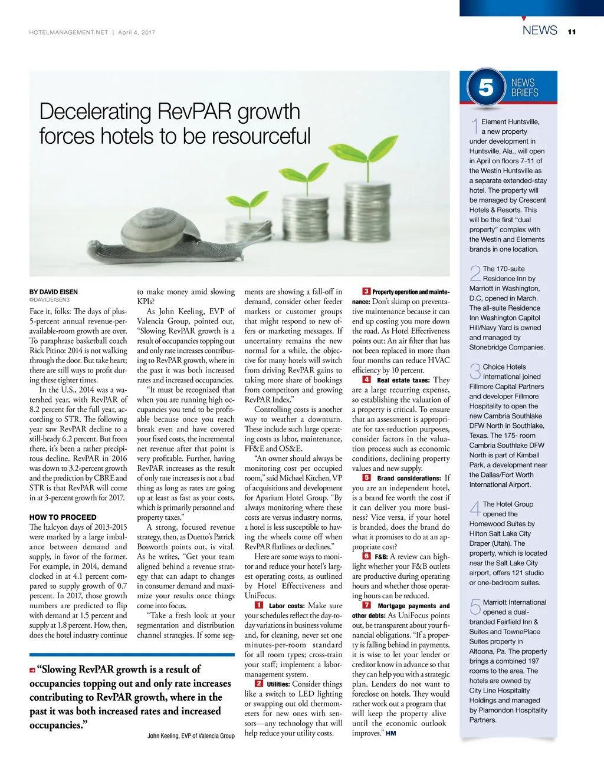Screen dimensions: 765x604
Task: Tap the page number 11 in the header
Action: tap(572, 32)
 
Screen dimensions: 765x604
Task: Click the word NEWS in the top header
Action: tap(540, 30)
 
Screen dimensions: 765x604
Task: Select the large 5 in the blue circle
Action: tap(485, 88)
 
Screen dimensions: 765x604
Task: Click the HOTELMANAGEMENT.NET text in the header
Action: tap(68, 32)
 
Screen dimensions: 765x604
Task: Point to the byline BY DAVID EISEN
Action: tap(54, 292)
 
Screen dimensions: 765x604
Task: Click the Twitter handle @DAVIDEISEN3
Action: tap(50, 300)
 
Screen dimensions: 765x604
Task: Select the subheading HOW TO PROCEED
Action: tap(63, 517)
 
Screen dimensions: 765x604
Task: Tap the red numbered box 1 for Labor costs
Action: tap(259, 605)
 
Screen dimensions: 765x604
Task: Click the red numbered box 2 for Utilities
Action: tap(259, 684)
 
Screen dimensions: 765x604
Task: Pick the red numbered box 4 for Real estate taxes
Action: tap(366, 380)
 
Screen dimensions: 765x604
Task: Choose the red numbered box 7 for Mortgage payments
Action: tap(366, 605)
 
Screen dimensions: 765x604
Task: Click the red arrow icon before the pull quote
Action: tap(32, 670)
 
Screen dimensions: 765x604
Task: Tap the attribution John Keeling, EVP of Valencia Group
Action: tap(191, 736)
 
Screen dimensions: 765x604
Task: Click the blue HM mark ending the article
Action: tap(391, 733)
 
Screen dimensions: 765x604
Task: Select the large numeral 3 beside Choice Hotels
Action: tap(475, 372)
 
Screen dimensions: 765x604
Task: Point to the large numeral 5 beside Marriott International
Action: tap(475, 607)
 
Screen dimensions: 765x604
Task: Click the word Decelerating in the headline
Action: tap(95, 111)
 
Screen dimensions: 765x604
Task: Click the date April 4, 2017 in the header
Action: tap(137, 32)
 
